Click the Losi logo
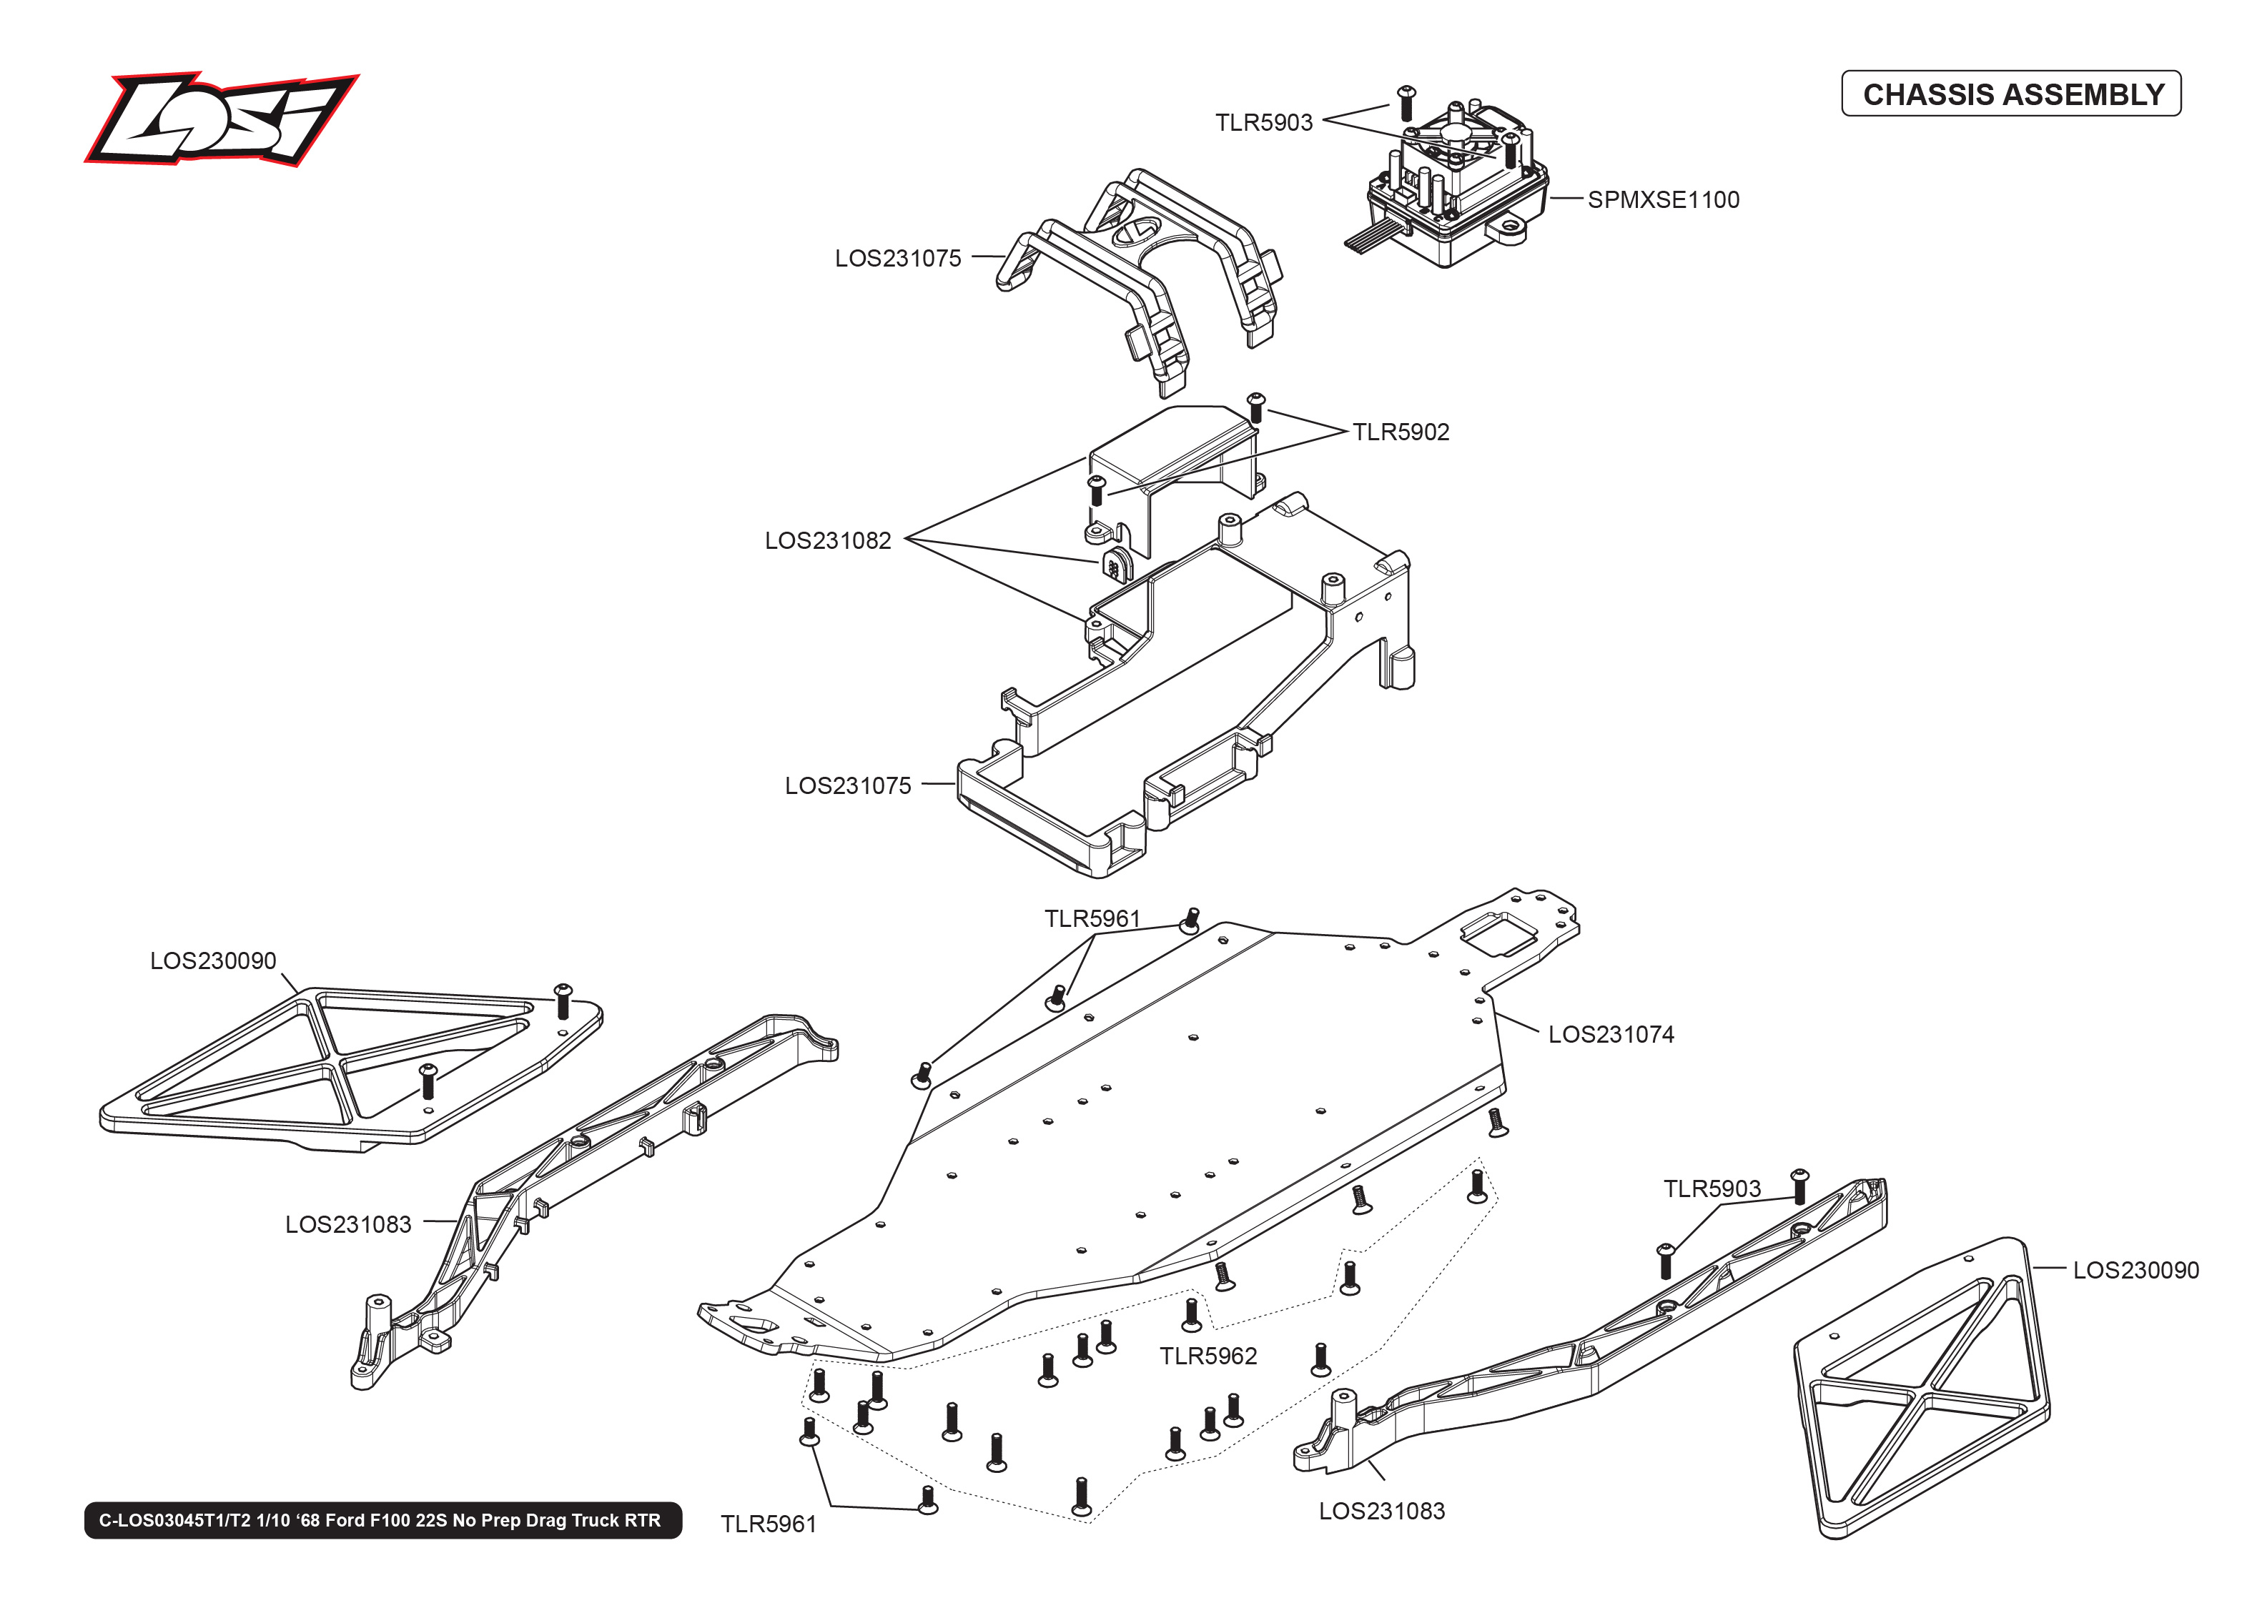220,119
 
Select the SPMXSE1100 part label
1663,200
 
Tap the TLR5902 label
1401,432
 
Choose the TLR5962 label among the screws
1208,1356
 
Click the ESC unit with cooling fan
1456,188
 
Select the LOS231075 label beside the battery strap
897,259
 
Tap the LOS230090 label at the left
213,961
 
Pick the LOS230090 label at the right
2135,1271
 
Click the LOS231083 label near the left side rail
347,1225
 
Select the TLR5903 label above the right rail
1712,1189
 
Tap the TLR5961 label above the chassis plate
1092,919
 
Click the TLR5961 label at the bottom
768,1525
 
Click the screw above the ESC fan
1406,102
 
